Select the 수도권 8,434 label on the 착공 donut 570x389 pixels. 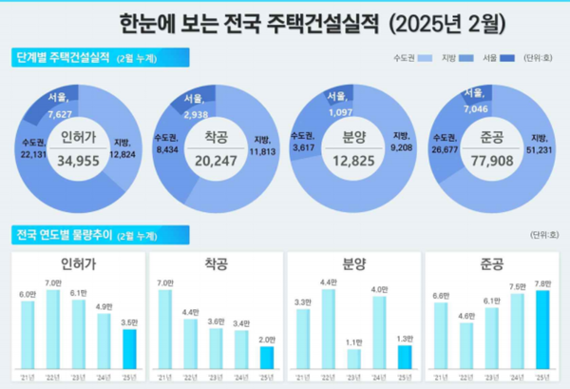[x=166, y=144]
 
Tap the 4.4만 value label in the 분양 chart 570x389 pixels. [x=328, y=282]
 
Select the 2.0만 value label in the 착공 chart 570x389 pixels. [x=268, y=340]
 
